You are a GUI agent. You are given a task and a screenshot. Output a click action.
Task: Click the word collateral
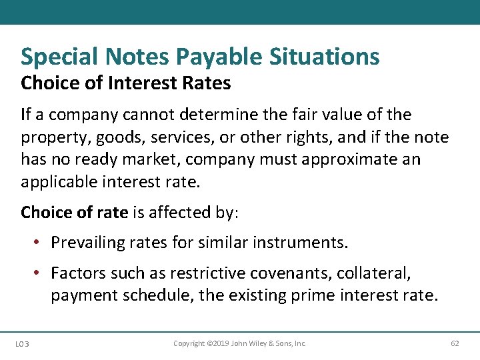(x=384, y=273)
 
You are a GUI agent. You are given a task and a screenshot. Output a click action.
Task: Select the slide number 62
(x=455, y=343)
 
